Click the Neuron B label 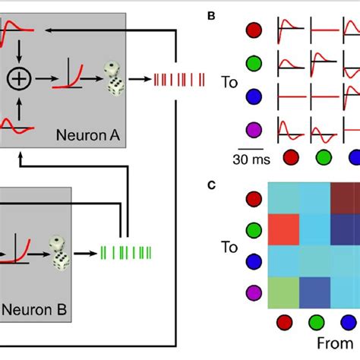[x=34, y=310]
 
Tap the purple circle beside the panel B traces [x=255, y=128]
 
